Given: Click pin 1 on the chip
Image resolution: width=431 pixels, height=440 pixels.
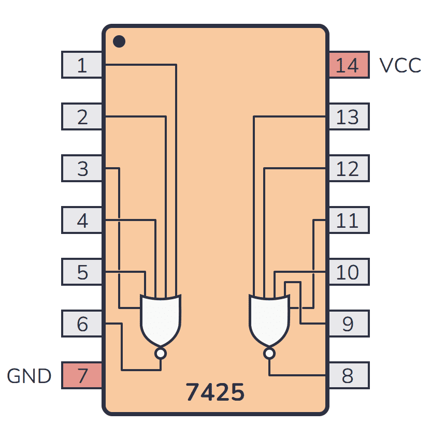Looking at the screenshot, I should tap(82, 65).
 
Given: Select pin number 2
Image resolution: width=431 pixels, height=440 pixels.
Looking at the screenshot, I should tap(82, 117).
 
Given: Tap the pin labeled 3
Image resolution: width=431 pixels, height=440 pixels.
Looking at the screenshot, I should tap(82, 169).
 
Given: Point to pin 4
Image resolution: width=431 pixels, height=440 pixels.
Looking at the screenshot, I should tap(82, 221).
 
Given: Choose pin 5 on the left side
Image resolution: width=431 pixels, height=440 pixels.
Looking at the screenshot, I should tap(82, 272).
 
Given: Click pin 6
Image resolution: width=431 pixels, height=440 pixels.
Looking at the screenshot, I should tap(82, 324).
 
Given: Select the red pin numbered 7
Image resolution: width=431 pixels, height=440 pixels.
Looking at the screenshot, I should tap(82, 376).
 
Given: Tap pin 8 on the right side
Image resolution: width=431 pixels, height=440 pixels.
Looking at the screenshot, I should tap(348, 376).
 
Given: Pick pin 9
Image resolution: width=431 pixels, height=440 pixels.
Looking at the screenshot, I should tap(348, 324).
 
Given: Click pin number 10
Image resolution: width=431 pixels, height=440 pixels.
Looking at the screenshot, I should tap(348, 272).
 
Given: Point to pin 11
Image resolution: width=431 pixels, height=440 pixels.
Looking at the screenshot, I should tap(348, 221).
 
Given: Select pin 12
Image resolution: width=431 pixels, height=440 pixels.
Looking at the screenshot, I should tap(348, 169).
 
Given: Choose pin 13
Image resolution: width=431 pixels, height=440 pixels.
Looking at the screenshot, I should tap(348, 117).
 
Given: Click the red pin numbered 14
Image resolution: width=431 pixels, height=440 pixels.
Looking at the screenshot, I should tap(348, 65).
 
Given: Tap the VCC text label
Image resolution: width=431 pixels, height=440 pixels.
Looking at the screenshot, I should tap(400, 66).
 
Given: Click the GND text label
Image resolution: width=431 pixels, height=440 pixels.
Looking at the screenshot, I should tap(29, 376).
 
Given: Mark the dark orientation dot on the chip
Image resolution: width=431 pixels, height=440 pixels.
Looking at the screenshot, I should tap(119, 41).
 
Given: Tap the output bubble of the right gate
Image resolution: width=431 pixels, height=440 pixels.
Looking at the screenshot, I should tap(269, 354).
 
